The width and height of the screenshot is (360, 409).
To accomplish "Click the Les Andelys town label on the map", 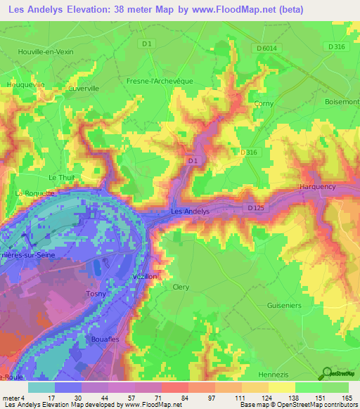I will [x=190, y=211].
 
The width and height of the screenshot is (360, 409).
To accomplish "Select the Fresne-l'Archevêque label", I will [x=160, y=81].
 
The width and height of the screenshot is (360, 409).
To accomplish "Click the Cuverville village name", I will [x=87, y=89].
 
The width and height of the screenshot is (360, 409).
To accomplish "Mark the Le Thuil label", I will [x=61, y=178].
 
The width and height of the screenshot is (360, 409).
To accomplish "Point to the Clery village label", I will [x=181, y=287].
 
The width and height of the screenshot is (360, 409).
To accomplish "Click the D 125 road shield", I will [x=257, y=208].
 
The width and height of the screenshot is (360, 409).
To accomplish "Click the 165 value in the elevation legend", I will [x=345, y=398].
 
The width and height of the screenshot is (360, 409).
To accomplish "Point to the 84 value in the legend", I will [x=172, y=398].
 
